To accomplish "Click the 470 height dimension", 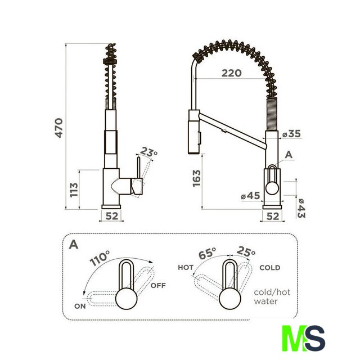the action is pyautogui.click(x=58, y=128).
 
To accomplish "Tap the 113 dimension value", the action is pyautogui.click(x=74, y=190).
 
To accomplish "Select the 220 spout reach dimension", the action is pyautogui.click(x=231, y=73).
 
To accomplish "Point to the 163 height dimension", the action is pyautogui.click(x=197, y=178).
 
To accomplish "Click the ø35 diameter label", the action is pyautogui.click(x=291, y=134).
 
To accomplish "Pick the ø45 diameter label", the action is pyautogui.click(x=250, y=196).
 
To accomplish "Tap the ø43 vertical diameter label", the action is pyautogui.click(x=301, y=208).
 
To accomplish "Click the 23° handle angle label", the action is pyautogui.click(x=148, y=152).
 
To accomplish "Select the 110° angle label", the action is pyautogui.click(x=100, y=258).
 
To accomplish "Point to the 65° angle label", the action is pyautogui.click(x=207, y=254).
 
